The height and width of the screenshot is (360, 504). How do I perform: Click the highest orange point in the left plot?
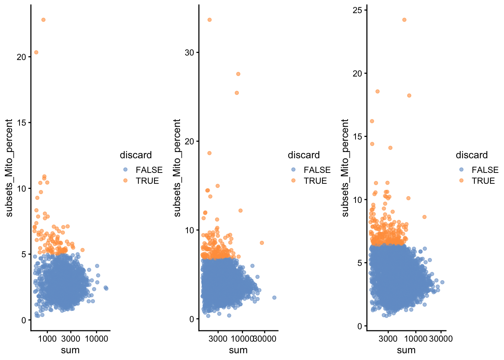(x=43, y=19)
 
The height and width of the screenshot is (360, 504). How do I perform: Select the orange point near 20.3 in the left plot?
(x=36, y=52)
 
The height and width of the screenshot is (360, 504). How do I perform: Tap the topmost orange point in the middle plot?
(x=210, y=19)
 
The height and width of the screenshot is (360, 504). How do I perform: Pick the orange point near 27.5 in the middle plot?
(x=238, y=74)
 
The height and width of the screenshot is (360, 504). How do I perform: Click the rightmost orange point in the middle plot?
(x=262, y=243)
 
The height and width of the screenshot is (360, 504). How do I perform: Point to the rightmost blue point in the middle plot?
(x=274, y=297)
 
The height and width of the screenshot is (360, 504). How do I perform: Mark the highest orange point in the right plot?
(x=404, y=19)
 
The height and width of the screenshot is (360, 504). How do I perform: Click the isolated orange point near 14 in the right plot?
(x=390, y=148)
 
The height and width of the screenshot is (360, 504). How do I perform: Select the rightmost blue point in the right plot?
(x=442, y=282)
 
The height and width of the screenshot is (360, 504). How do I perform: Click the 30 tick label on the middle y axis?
(x=189, y=52)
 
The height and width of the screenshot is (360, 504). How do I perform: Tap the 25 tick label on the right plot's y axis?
(x=357, y=10)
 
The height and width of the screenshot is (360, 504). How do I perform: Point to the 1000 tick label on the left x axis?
(x=47, y=339)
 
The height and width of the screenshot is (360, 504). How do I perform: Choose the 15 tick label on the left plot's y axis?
(x=21, y=123)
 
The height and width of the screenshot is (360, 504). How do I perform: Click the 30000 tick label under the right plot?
(x=441, y=339)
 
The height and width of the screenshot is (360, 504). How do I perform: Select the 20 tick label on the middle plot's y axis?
(x=189, y=141)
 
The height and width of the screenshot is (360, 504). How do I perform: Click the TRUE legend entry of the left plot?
(x=147, y=181)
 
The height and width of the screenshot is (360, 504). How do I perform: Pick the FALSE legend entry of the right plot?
(x=485, y=170)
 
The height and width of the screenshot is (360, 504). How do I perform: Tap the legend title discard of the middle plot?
(x=304, y=155)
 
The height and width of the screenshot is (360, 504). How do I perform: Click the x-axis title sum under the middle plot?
(x=238, y=350)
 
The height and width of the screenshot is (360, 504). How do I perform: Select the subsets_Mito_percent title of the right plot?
(x=345, y=168)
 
